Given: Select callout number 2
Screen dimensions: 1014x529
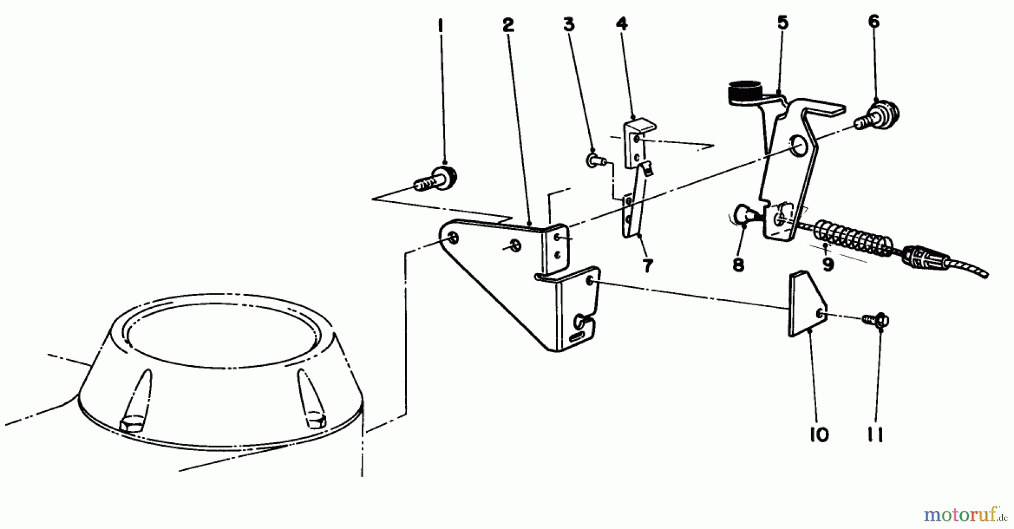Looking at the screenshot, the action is coord(508,25).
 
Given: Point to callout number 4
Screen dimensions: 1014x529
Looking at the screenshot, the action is coord(621,24).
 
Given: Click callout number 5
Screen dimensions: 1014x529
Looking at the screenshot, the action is coord(782,23).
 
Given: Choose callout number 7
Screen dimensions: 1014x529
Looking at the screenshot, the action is coord(647,265).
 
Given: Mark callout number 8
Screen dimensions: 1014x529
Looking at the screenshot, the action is coord(739,264).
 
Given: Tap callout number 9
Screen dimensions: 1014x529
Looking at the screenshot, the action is coord(828,264).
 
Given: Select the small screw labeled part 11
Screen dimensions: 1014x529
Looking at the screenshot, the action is coord(875,321).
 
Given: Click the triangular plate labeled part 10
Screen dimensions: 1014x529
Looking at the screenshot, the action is coord(806,304).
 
